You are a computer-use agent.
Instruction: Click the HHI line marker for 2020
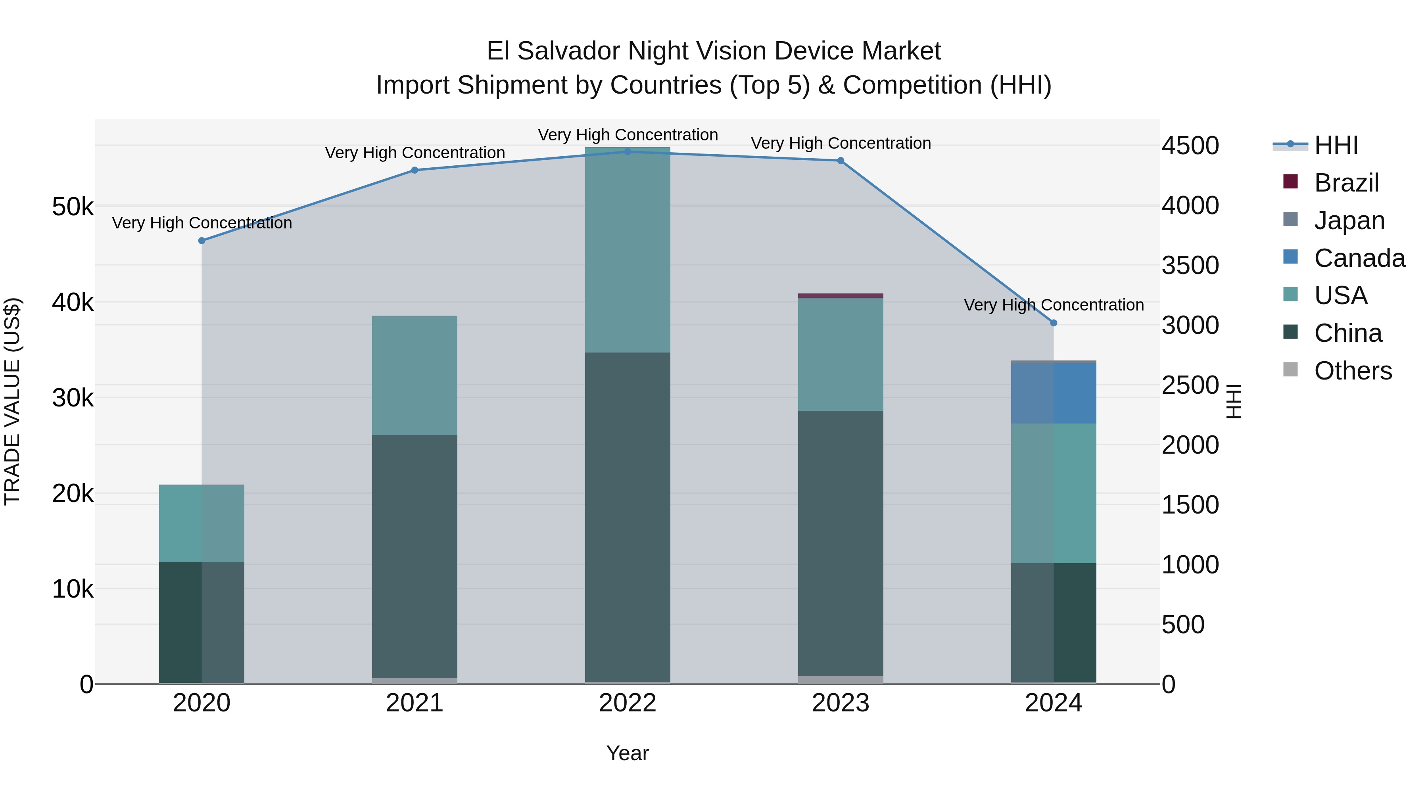(202, 241)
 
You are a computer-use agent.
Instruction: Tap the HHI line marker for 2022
(628, 151)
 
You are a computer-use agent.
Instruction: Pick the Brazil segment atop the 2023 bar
(841, 295)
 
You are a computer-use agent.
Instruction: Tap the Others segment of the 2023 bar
(841, 679)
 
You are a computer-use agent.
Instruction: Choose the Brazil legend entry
(1346, 182)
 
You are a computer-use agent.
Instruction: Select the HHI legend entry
(1336, 145)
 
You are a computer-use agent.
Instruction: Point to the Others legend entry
(1353, 370)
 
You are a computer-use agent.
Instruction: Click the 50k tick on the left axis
(73, 207)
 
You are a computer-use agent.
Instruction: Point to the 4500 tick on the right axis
(1190, 146)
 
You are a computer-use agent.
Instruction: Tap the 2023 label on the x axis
(841, 703)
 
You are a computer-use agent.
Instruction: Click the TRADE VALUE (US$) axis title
(12, 401)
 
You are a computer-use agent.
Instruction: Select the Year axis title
(628, 753)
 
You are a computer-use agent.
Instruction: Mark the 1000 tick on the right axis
(1190, 565)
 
